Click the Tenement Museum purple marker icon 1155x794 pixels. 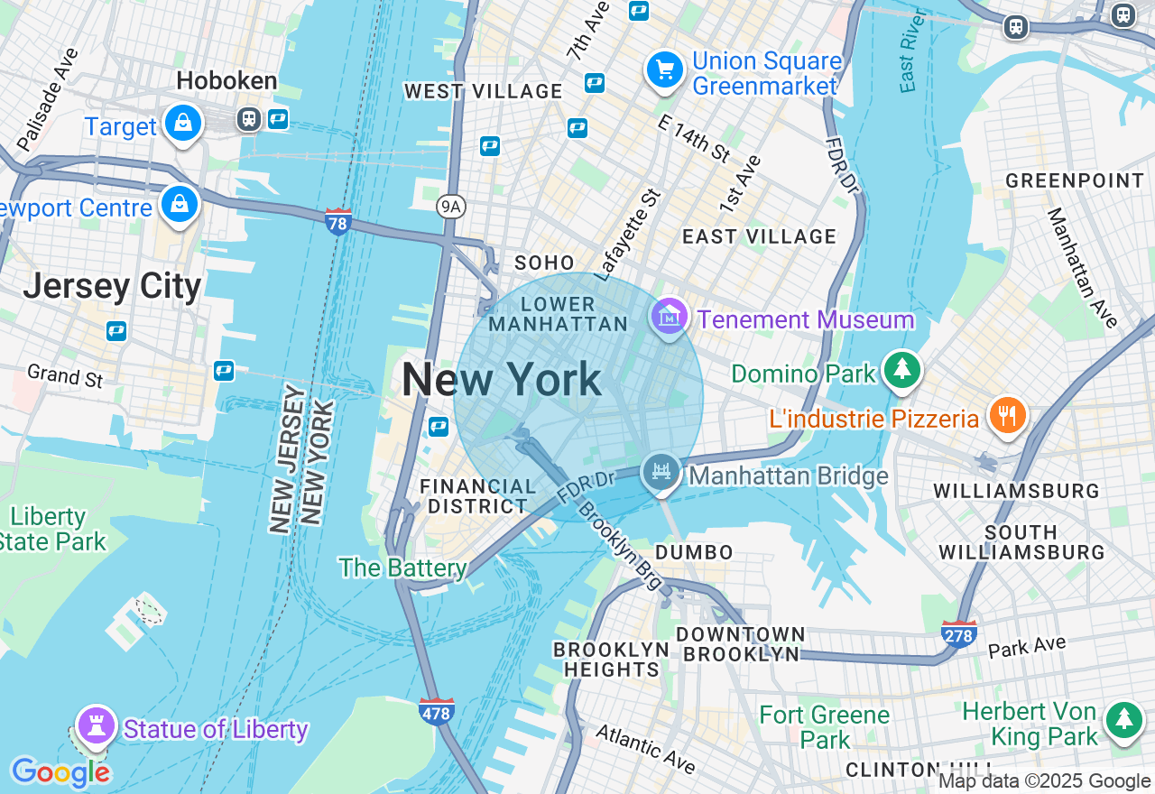669,316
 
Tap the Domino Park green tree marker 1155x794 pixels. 901,369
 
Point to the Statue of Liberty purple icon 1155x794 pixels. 97,724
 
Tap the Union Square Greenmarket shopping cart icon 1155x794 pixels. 665,69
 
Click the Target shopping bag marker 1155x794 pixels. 183,123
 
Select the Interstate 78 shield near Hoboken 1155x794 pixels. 338,220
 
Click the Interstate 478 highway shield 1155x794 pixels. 437,712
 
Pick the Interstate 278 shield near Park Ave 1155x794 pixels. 958,634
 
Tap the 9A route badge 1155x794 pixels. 450,207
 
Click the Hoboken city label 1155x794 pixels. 226,81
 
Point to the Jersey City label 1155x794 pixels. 112,286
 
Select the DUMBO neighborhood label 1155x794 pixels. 694,551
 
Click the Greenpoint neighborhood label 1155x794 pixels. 1075,180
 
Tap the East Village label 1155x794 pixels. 759,236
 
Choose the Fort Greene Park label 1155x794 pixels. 824,727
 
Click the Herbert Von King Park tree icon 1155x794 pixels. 1123,719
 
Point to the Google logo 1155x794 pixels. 60,772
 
